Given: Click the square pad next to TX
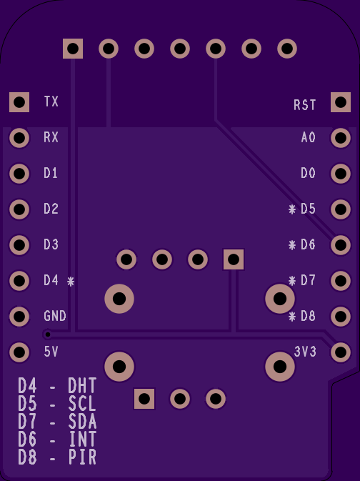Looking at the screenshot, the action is [x=19, y=102].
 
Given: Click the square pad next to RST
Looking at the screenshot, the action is [x=341, y=102].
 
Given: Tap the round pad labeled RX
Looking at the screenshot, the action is [x=19, y=138].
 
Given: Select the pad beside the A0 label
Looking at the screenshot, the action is [x=341, y=138].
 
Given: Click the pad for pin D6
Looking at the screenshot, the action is [x=341, y=245].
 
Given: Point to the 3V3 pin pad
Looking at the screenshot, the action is [x=341, y=352].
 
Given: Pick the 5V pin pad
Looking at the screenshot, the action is [x=19, y=352].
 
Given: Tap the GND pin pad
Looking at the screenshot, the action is [x=19, y=317].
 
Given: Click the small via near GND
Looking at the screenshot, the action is [x=48, y=334].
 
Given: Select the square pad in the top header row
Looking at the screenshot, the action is [x=73, y=49].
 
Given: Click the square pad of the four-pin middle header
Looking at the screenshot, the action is [x=234, y=259].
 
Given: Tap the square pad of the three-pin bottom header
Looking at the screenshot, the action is [x=144, y=399].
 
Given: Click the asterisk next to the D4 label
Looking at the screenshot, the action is [x=71, y=282].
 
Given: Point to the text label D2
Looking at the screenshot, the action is [x=51, y=209].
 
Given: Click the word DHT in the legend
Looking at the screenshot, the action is [x=82, y=386].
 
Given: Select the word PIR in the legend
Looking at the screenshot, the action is [x=82, y=457].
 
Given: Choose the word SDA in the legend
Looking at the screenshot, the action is [x=82, y=422].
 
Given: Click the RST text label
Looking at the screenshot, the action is [x=304, y=105].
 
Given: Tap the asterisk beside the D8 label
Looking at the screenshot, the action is [x=292, y=317].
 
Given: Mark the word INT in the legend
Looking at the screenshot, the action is [x=82, y=439].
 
